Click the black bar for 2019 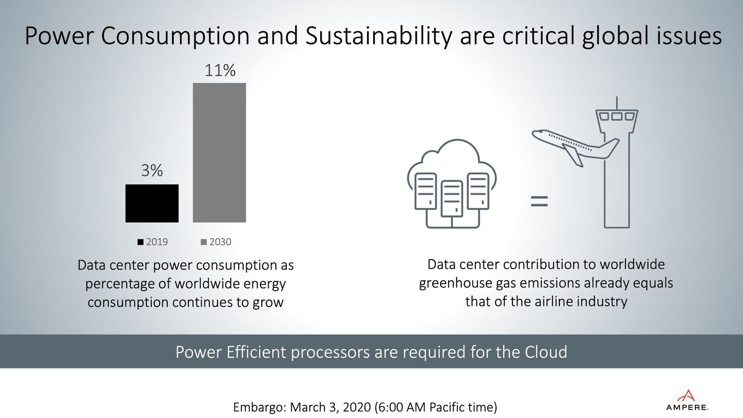coord(152,203)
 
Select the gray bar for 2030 coord(219,152)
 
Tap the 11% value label coord(220,70)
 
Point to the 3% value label coord(152,170)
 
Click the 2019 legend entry coord(152,242)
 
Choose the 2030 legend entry coord(216,242)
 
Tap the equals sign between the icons coord(539,202)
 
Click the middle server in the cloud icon coord(452,199)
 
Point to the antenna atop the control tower coord(617,103)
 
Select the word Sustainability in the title coord(379,36)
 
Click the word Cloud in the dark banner coord(546,352)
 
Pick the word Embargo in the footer coord(260,407)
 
